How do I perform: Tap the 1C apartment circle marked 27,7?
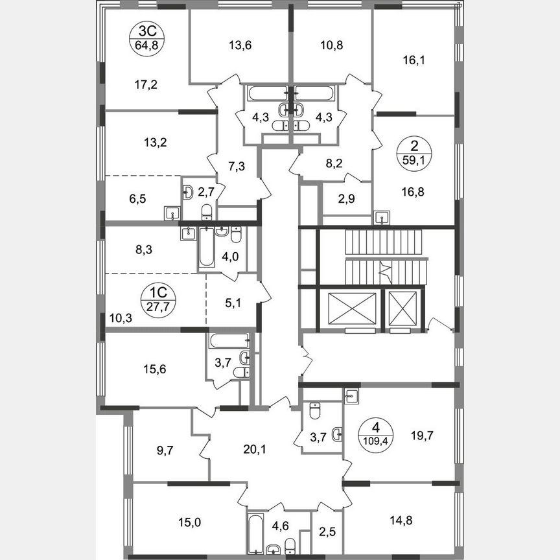(x=156, y=301)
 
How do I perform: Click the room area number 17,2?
(x=128, y=84)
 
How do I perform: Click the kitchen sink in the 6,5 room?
(x=172, y=213)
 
